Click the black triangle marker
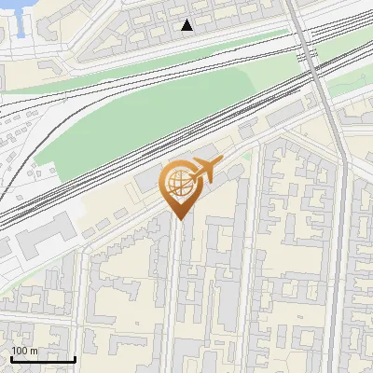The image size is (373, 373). pyautogui.click(x=187, y=25)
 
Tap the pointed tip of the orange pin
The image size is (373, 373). pyautogui.click(x=179, y=219)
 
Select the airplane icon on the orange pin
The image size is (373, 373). pyautogui.click(x=204, y=171)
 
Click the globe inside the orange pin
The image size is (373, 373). pyautogui.click(x=178, y=183)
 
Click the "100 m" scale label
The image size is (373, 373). pyautogui.click(x=25, y=351)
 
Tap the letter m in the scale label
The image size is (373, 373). pyautogui.click(x=35, y=351)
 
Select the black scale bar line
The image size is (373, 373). pyautogui.click(x=42, y=359)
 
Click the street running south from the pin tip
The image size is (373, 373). pyautogui.click(x=177, y=298)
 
